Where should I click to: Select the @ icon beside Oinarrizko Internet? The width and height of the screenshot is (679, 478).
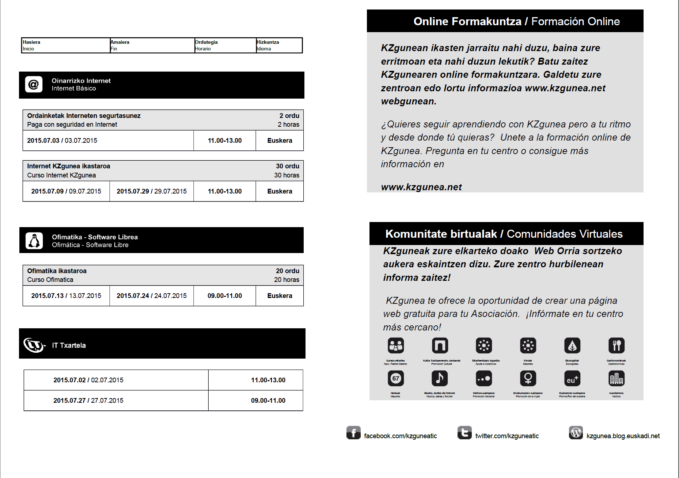point(34,84)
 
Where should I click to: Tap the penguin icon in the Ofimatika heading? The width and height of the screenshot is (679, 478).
point(34,241)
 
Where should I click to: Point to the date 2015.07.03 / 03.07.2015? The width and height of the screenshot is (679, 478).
point(62,141)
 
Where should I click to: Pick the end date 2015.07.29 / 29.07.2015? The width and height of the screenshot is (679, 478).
point(152,191)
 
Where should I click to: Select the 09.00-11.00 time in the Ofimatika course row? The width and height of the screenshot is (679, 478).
point(225,296)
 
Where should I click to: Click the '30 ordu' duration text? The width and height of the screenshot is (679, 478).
point(288,166)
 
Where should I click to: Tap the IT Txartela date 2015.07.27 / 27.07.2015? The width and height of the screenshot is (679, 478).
point(88,401)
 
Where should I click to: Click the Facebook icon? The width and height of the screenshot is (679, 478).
point(353,433)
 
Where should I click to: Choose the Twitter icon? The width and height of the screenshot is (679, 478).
point(464,433)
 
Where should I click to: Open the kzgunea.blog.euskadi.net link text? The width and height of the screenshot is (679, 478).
point(623,436)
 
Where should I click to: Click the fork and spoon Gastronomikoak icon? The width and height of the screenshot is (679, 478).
point(617,345)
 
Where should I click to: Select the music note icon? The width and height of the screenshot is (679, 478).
point(440,378)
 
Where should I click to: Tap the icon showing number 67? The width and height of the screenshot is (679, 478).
point(396,378)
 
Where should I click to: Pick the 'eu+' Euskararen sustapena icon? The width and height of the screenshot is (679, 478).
point(572,379)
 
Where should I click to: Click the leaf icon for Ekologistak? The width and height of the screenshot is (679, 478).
point(572,345)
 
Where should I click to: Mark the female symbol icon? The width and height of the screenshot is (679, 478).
point(528,378)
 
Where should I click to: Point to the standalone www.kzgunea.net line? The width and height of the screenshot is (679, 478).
point(421,187)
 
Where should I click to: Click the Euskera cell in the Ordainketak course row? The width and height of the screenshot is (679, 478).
point(280,141)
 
